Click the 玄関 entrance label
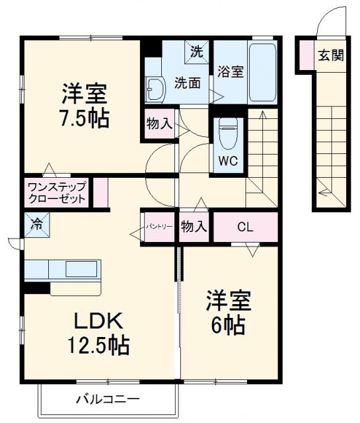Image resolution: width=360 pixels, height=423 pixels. point(331,55)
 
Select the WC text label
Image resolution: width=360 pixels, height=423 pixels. point(229,161)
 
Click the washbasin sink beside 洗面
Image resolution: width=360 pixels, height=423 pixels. point(156,88)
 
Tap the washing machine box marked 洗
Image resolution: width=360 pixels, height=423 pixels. point(197,51)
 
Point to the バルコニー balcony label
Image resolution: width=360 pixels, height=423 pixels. point(107,399)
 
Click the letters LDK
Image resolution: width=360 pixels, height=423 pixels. point(98,321)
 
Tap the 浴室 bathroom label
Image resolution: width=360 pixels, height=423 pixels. point(229,73)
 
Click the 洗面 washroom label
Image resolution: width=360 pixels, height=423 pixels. point(187,83)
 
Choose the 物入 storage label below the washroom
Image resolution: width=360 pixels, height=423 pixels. point(160,124)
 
